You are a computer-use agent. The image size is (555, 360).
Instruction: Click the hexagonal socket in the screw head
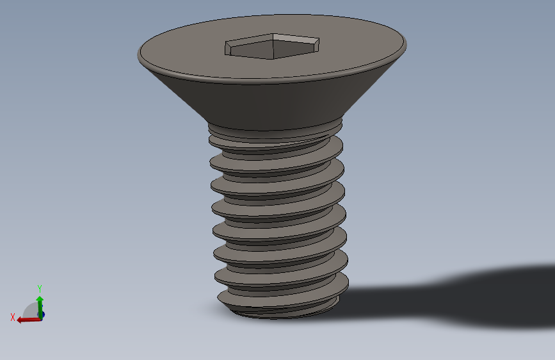tap(272, 46)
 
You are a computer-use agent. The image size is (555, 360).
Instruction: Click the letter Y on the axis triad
tap(40, 288)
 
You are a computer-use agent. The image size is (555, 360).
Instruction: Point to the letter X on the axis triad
tap(13, 317)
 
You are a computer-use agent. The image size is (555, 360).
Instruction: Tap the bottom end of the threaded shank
tap(282, 313)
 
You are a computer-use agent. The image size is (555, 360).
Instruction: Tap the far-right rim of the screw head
tap(405, 44)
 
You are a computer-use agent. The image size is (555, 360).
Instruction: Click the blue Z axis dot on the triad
tap(42, 315)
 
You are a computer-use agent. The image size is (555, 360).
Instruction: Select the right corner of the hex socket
tap(318, 42)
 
